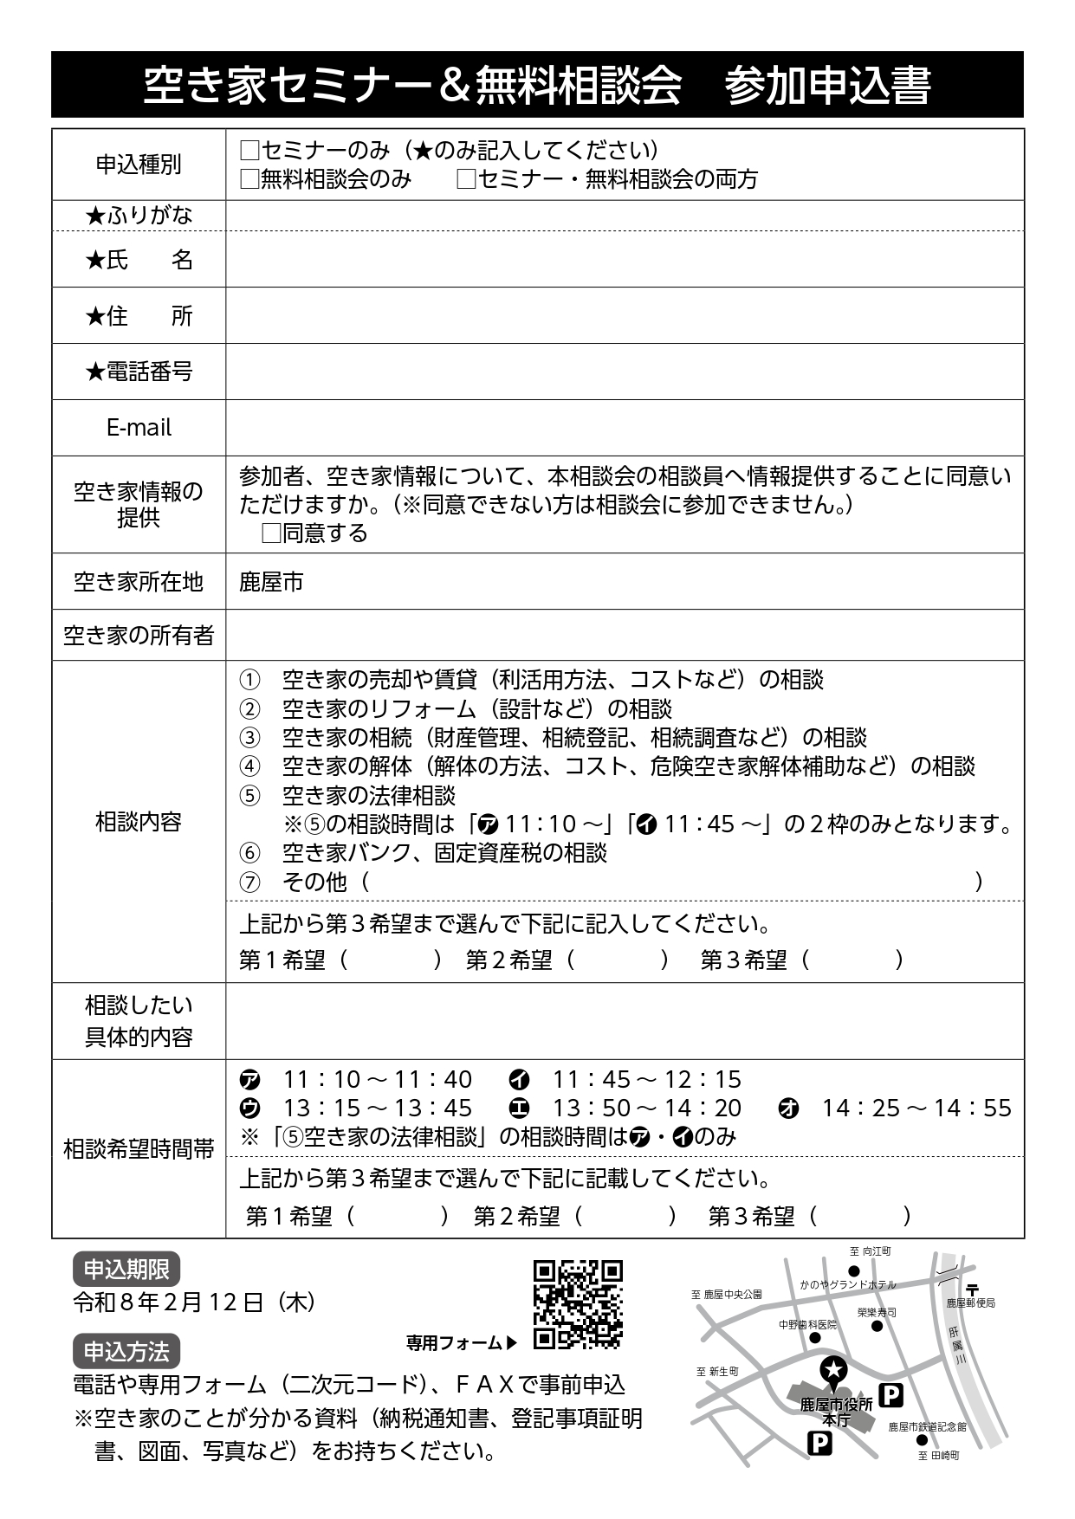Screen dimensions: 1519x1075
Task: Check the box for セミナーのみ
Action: tap(249, 151)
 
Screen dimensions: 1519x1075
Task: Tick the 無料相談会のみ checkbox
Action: tap(249, 179)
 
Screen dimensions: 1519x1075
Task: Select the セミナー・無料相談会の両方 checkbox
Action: tap(467, 179)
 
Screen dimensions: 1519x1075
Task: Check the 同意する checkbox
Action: tap(271, 533)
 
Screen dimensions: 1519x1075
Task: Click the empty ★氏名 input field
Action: tap(624, 260)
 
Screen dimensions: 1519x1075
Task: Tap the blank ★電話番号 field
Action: tap(624, 372)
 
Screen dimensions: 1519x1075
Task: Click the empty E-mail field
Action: tap(624, 428)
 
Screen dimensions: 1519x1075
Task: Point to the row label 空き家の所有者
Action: tap(139, 636)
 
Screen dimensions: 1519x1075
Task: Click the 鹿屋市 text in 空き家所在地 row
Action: tap(271, 582)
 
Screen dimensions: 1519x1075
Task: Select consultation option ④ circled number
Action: tap(249, 766)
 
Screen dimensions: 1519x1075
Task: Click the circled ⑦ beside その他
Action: tap(249, 882)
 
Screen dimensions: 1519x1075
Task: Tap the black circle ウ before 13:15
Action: tap(249, 1109)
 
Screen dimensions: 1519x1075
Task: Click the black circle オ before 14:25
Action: tap(788, 1109)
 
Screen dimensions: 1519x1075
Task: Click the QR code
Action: tap(578, 1304)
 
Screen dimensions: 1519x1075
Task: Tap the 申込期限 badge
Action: tap(126, 1270)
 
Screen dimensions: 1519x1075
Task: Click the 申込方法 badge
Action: tap(126, 1351)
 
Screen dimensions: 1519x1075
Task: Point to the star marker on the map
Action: tap(833, 1369)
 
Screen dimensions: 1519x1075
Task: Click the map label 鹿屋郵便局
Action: tap(970, 1302)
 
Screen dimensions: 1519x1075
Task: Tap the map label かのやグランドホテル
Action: tap(847, 1285)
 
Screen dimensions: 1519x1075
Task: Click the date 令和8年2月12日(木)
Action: tap(194, 1302)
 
